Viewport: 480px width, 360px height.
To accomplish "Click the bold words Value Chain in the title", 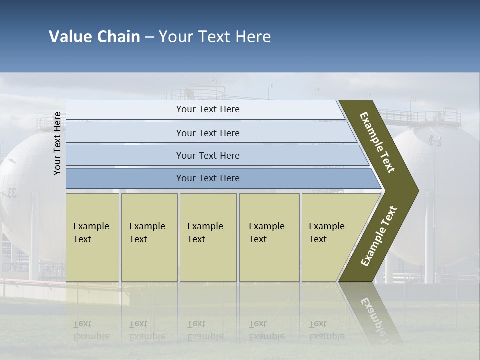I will click(94, 37).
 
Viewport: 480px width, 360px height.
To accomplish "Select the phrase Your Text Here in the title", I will click(215, 37).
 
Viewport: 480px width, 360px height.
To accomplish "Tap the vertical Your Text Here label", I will click(57, 143).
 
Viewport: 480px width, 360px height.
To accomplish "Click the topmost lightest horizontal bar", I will click(208, 109).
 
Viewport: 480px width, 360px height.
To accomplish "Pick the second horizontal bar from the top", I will click(208, 133).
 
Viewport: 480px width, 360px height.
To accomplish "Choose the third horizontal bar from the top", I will click(208, 155).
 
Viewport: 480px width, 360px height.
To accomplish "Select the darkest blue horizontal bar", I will click(208, 178).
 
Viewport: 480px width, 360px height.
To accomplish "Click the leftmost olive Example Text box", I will click(92, 237).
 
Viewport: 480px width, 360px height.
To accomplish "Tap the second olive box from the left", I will click(149, 237).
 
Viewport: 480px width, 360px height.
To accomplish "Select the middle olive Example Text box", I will click(208, 237).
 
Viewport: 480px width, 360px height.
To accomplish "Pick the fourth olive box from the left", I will click(269, 237).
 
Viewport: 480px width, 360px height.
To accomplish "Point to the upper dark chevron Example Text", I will click(377, 142).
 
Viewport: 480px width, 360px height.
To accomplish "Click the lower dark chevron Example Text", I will click(379, 236).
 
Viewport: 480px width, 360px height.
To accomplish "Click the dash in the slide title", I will click(149, 37).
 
